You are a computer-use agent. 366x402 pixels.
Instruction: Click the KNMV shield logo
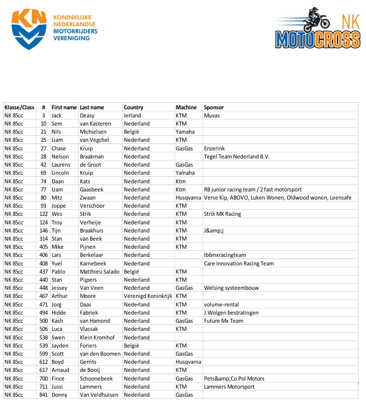click(29, 29)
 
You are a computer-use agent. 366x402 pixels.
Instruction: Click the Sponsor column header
click(214, 107)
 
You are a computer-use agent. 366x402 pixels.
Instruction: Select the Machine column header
click(186, 107)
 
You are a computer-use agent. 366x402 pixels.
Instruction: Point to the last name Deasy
click(87, 116)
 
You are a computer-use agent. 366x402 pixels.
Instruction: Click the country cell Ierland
click(132, 116)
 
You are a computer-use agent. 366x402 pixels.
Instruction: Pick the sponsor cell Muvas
click(212, 116)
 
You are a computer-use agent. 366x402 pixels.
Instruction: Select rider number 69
click(43, 173)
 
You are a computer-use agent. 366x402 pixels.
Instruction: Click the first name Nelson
click(60, 157)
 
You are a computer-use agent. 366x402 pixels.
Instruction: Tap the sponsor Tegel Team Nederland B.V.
click(237, 157)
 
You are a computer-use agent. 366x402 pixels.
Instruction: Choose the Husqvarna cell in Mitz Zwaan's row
click(189, 198)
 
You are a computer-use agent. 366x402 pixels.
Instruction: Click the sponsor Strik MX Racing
click(222, 214)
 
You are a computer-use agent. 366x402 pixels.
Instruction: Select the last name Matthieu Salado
click(99, 272)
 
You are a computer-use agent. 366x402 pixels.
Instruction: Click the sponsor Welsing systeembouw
click(231, 288)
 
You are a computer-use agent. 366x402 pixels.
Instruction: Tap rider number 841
click(43, 395)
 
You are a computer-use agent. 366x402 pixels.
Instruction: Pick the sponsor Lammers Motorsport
click(229, 387)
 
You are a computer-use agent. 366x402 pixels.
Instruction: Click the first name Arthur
click(60, 296)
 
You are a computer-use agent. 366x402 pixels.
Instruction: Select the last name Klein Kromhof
click(98, 338)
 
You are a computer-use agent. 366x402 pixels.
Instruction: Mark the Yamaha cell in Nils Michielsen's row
click(185, 132)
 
